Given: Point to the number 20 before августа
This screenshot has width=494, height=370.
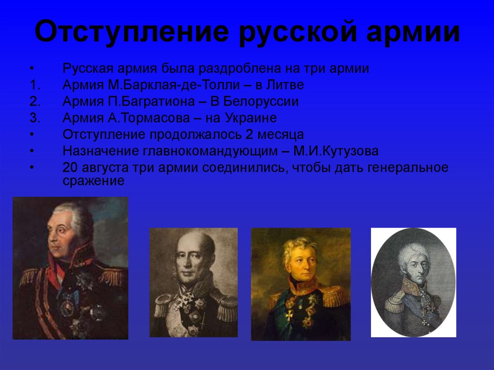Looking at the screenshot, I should [x=70, y=167].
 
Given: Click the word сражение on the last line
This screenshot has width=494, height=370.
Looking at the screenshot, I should [x=94, y=181].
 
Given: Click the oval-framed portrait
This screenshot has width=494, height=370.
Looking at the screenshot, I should [x=413, y=282].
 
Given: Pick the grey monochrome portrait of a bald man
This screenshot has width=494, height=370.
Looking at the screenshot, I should [x=193, y=282].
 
